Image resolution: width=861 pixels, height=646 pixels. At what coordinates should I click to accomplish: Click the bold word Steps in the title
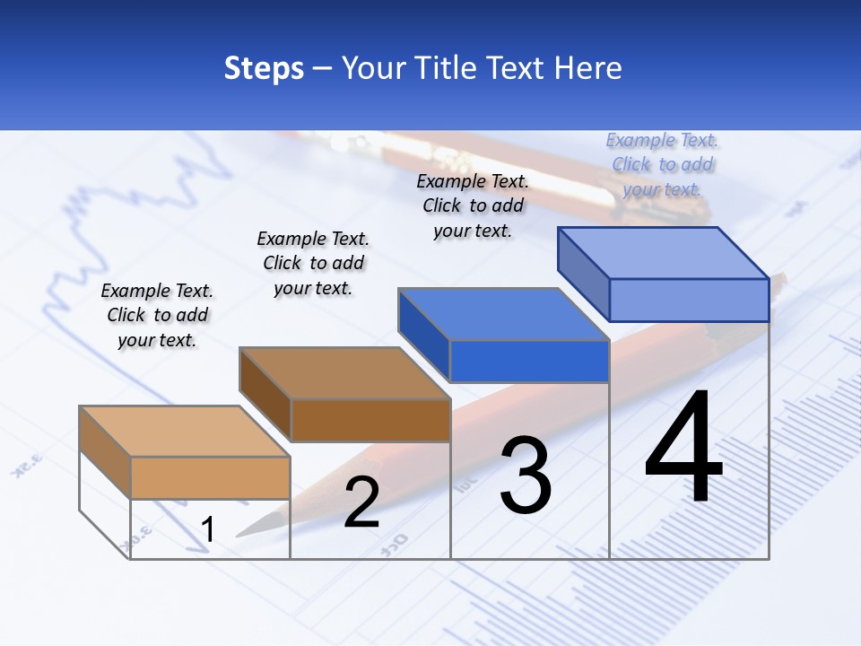[x=264, y=68]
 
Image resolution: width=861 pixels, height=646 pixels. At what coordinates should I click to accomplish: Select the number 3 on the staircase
[x=526, y=475]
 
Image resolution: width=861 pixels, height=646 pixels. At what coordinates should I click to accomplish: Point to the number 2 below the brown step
[x=361, y=502]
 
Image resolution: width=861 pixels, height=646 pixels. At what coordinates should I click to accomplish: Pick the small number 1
[x=207, y=529]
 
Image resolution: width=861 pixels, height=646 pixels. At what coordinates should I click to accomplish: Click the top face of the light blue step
[x=664, y=252]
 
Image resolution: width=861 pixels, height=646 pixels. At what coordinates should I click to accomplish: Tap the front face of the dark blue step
[x=529, y=361]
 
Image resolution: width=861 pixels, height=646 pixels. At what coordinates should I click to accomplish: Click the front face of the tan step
[x=210, y=477]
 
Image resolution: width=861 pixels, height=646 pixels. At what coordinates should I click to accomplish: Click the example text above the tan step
[x=157, y=315]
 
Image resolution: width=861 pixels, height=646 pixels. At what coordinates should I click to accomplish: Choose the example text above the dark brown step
[x=313, y=263]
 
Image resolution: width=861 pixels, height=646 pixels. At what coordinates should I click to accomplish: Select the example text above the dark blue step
[x=473, y=205]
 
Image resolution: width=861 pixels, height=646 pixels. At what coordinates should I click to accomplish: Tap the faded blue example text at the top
[x=662, y=164]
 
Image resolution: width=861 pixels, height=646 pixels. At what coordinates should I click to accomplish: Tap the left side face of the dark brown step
[x=265, y=393]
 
